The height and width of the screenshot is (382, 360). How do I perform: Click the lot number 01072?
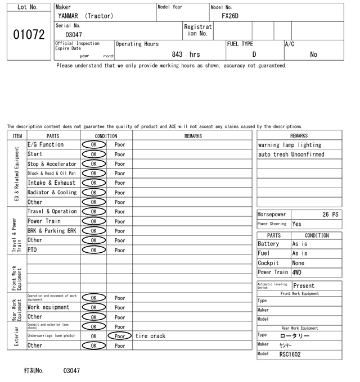pyautogui.click(x=28, y=34)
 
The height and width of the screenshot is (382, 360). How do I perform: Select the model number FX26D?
pyautogui.click(x=230, y=16)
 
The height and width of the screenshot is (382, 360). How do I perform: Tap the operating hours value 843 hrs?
pyautogui.click(x=186, y=54)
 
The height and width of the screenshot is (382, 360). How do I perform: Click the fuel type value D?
pyautogui.click(x=254, y=54)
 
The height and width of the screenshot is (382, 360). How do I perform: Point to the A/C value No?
pyautogui.click(x=313, y=54)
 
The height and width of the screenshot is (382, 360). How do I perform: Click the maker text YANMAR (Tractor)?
pyautogui.click(x=85, y=16)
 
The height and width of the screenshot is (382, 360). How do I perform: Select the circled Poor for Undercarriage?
pyautogui.click(x=119, y=336)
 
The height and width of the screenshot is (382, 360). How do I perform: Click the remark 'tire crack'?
pyautogui.click(x=150, y=336)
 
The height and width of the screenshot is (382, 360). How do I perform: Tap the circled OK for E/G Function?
pyautogui.click(x=93, y=144)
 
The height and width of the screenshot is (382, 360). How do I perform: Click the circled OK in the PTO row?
pyautogui.click(x=93, y=250)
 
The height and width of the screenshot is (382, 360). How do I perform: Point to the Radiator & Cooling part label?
pyautogui.click(x=52, y=192)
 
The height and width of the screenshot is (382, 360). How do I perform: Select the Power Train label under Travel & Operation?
pyautogui.click(x=44, y=221)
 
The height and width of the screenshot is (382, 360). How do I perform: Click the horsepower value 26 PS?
pyautogui.click(x=331, y=215)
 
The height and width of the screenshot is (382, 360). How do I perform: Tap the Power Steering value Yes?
pyautogui.click(x=297, y=224)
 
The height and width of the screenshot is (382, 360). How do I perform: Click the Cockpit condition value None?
pyautogui.click(x=298, y=263)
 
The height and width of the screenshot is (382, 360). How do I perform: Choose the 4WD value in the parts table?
pyautogui.click(x=297, y=272)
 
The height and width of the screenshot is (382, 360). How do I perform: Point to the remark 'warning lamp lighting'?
pyautogui.click(x=290, y=145)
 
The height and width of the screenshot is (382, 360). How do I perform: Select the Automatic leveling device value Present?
pyautogui.click(x=304, y=286)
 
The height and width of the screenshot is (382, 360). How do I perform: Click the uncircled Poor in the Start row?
pyautogui.click(x=119, y=154)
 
